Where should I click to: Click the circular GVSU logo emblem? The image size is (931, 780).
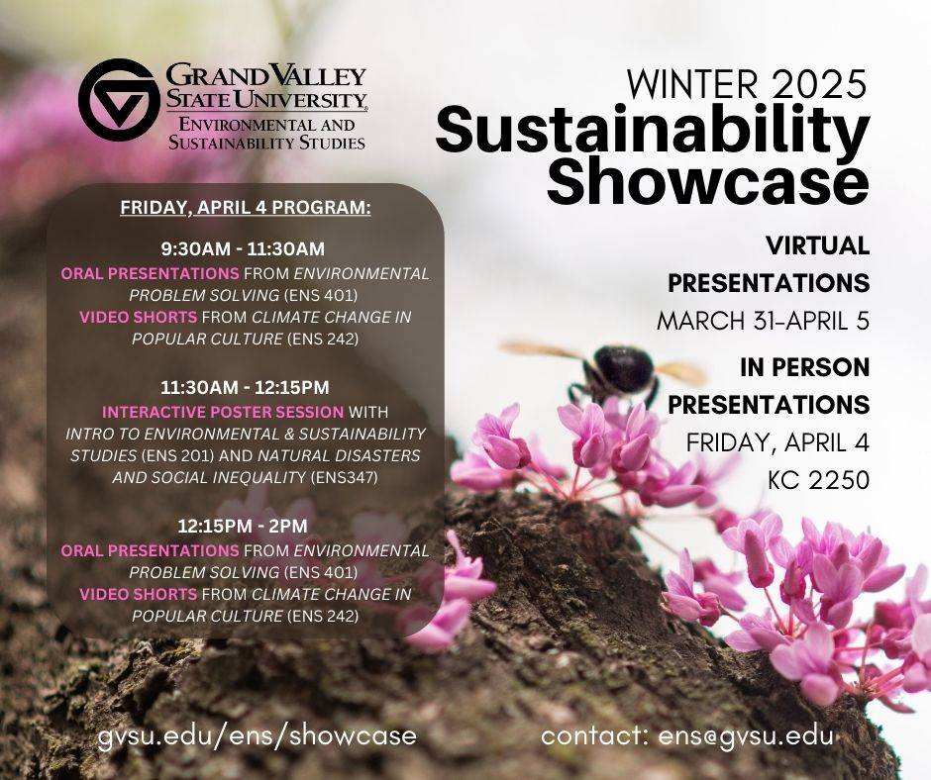click(x=119, y=100)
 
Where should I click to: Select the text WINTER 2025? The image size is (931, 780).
click(x=747, y=84)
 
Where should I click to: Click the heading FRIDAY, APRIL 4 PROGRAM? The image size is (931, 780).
click(x=246, y=208)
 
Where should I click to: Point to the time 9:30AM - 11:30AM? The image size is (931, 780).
click(x=243, y=248)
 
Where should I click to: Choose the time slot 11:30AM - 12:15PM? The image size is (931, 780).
click(x=245, y=388)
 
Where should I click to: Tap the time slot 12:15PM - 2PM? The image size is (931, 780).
click(x=243, y=526)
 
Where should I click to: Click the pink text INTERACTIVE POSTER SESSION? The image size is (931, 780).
click(x=223, y=412)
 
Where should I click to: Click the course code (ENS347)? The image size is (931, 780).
click(x=344, y=478)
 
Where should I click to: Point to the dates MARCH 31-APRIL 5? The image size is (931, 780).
click(x=763, y=321)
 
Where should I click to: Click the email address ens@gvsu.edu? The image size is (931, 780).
click(x=745, y=736)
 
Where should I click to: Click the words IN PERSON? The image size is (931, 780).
click(x=804, y=367)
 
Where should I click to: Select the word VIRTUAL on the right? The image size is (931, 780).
click(x=817, y=245)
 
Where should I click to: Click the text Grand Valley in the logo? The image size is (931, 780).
click(x=265, y=76)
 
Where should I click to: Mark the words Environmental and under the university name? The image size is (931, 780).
click(x=266, y=125)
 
